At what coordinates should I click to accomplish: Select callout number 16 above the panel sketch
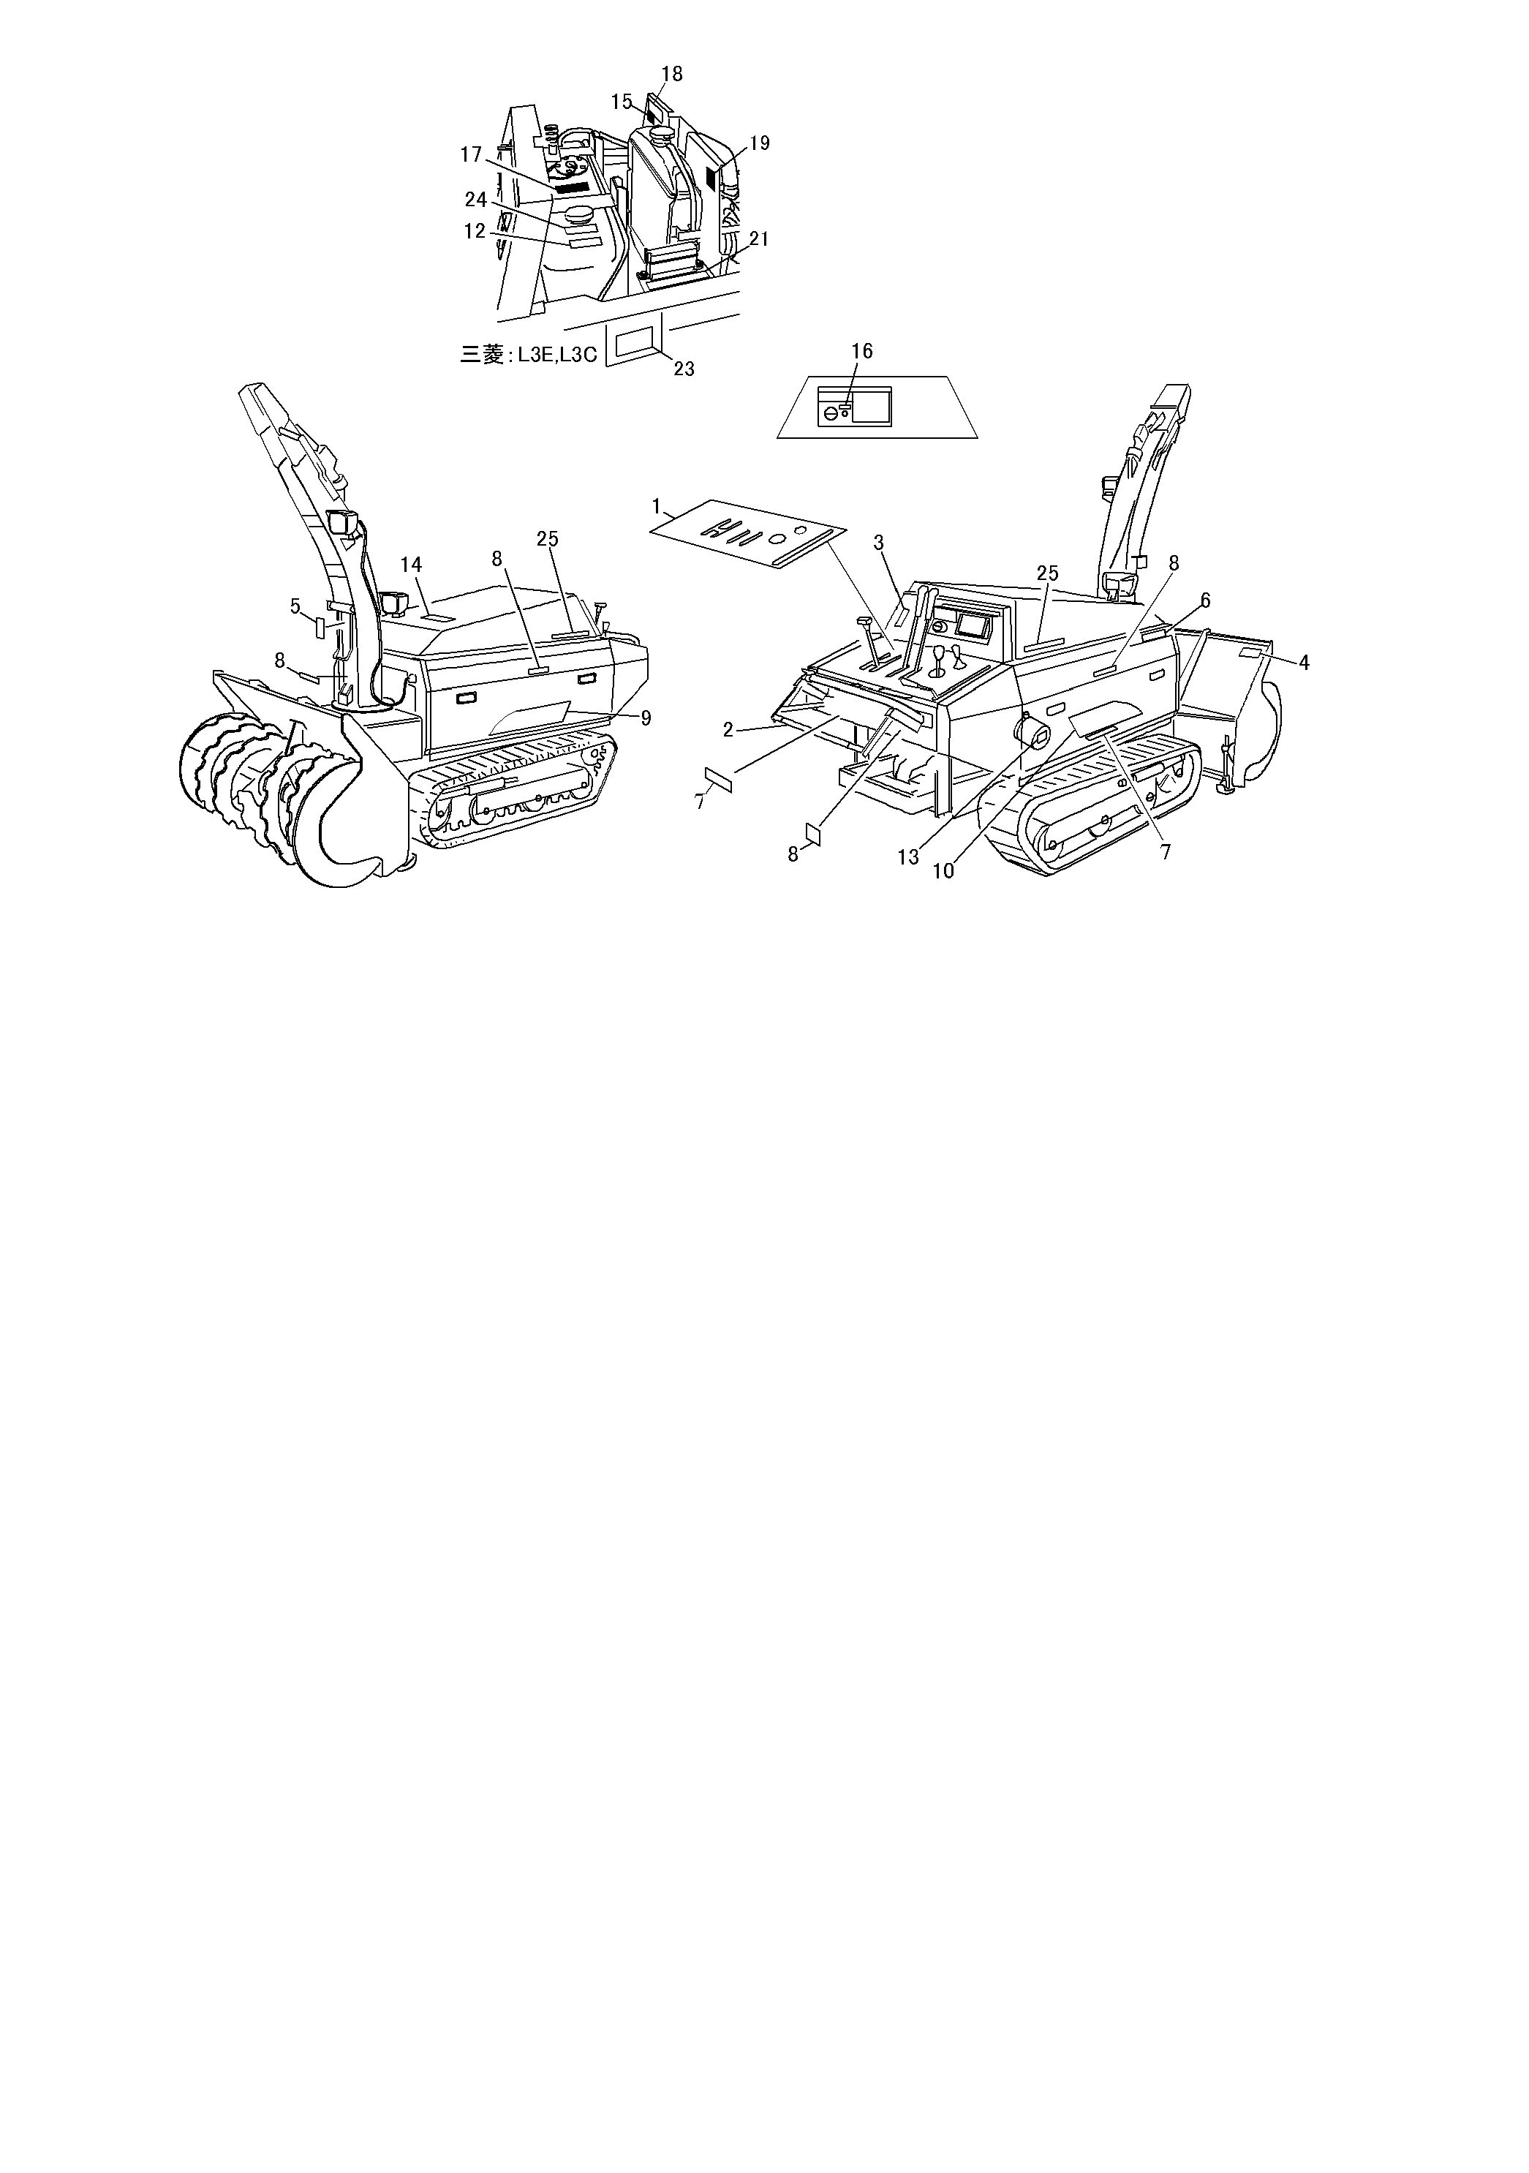(x=861, y=351)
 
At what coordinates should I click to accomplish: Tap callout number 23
(x=683, y=368)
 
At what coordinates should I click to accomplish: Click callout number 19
(x=760, y=143)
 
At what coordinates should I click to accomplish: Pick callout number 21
(x=759, y=239)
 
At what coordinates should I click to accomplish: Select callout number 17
(x=471, y=154)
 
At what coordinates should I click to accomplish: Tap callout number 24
(x=475, y=200)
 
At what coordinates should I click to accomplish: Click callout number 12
(x=474, y=231)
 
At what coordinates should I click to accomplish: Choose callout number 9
(x=646, y=718)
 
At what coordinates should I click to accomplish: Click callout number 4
(x=1304, y=663)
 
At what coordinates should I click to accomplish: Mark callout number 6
(x=1204, y=600)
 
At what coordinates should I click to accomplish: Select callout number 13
(x=908, y=856)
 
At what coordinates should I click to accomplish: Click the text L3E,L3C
(x=557, y=356)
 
